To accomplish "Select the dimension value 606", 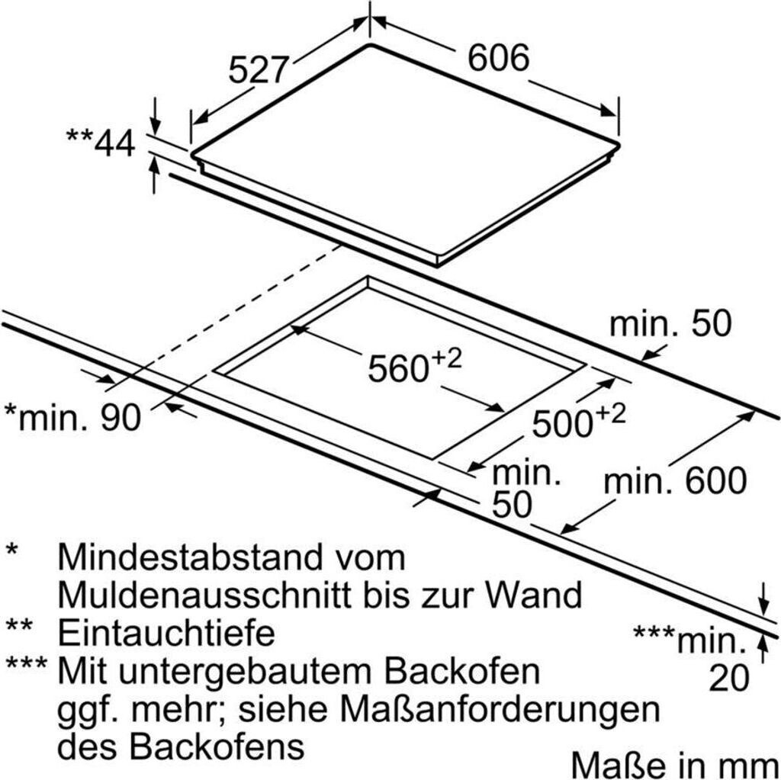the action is pyautogui.click(x=497, y=58).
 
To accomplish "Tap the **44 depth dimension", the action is pyautogui.click(x=100, y=143).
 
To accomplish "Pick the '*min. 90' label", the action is pyautogui.click(x=73, y=417).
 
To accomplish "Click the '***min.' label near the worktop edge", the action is pyautogui.click(x=689, y=640).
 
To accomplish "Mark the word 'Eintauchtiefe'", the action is pyautogui.click(x=166, y=632).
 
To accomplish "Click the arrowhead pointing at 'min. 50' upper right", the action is pyautogui.click(x=649, y=354).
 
